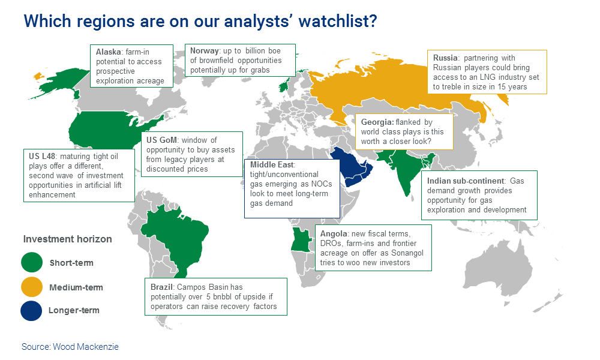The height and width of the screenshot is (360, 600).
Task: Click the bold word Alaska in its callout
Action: [x=108, y=52]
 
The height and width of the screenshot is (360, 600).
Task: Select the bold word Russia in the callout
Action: [x=446, y=58]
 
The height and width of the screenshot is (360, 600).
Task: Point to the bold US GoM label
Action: [x=161, y=140]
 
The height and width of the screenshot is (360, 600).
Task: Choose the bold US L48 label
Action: [x=42, y=156]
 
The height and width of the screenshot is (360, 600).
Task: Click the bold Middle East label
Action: [x=273, y=163]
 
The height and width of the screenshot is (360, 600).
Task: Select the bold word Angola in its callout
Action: [x=332, y=233]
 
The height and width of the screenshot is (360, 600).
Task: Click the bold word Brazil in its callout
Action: [x=162, y=287]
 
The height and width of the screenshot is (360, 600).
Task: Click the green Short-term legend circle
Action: [x=31, y=262]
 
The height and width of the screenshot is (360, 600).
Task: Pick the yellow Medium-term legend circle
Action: [x=31, y=287]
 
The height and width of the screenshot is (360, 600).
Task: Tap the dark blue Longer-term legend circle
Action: [x=31, y=310]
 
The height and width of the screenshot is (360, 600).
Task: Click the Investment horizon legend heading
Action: [x=67, y=239]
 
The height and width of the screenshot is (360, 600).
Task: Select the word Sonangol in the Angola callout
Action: [x=407, y=253]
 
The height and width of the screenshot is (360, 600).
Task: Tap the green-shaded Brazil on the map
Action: [x=171, y=237]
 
